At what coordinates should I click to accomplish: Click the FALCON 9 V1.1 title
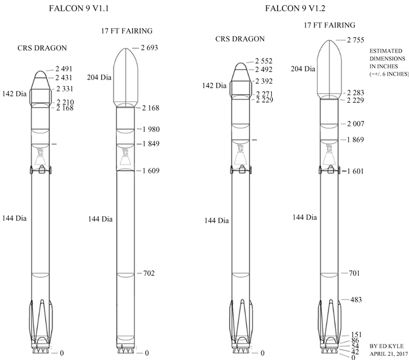tap(79, 8)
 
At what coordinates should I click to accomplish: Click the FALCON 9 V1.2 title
tap(295, 8)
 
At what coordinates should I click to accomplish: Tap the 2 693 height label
tap(150, 48)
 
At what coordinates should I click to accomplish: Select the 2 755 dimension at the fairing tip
tap(355, 40)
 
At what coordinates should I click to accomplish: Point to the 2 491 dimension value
tap(64, 69)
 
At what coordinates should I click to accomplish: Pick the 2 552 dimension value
tap(264, 61)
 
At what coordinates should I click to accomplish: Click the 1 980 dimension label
tap(151, 129)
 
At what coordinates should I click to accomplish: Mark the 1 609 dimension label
tap(151, 171)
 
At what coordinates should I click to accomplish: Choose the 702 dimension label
tap(149, 273)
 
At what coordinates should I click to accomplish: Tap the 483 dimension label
tap(356, 299)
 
